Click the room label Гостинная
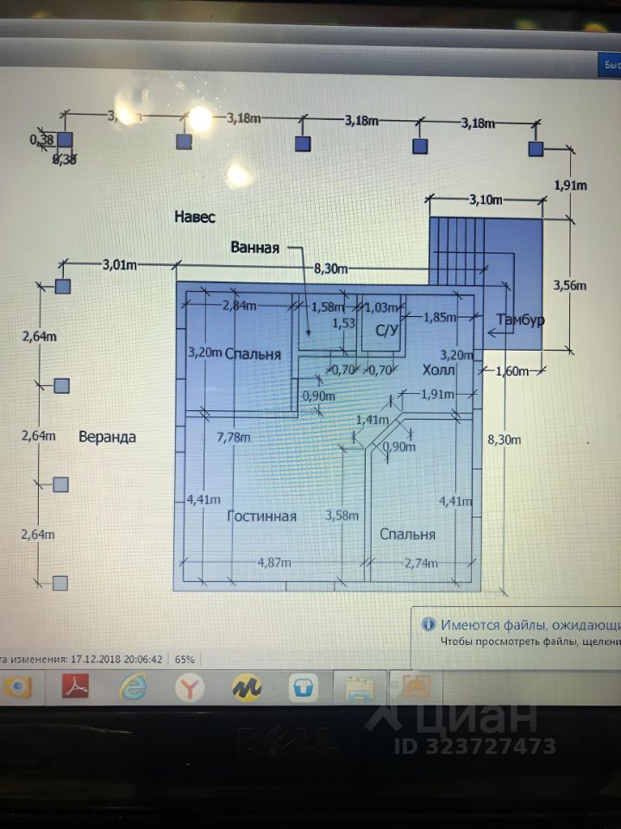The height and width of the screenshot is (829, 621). pyautogui.click(x=261, y=516)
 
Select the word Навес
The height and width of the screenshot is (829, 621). pyautogui.click(x=194, y=216)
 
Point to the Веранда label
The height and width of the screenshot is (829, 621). pyautogui.click(x=107, y=437)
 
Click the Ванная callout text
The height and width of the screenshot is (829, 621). pyautogui.click(x=255, y=248)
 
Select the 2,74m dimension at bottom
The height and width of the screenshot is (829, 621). pyautogui.click(x=422, y=564)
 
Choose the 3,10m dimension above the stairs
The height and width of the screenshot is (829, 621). pyautogui.click(x=486, y=199)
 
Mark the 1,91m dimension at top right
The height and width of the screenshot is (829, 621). pyautogui.click(x=569, y=185)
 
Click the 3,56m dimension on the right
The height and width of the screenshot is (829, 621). pyautogui.click(x=569, y=285)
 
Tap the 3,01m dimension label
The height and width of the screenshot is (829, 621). pyautogui.click(x=120, y=264)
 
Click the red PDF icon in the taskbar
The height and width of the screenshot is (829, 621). pyautogui.click(x=78, y=687)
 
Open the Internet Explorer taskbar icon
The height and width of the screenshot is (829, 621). pyautogui.click(x=133, y=687)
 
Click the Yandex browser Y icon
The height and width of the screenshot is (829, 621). pyautogui.click(x=189, y=687)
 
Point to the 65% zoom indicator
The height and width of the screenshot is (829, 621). pyautogui.click(x=185, y=658)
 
